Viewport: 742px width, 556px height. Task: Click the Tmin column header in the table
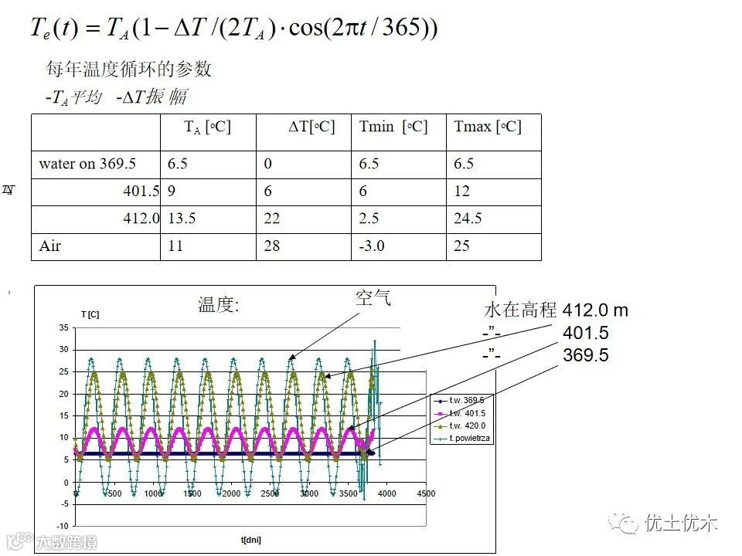(393, 127)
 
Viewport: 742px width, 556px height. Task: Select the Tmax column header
(487, 127)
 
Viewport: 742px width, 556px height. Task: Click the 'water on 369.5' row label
(87, 164)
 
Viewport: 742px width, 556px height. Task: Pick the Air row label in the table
(50, 246)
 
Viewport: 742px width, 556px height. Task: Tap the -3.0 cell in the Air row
(372, 246)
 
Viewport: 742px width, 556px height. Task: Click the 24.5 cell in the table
(468, 219)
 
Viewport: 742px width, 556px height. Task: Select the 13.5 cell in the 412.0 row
(182, 219)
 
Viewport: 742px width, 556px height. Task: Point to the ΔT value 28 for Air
(272, 246)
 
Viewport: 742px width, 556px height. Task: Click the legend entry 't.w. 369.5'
(467, 400)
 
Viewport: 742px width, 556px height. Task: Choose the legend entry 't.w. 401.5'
(467, 412)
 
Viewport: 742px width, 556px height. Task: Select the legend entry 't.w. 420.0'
(467, 425)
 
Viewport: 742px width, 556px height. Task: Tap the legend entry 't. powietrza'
(469, 438)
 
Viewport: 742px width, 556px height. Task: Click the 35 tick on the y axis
(64, 328)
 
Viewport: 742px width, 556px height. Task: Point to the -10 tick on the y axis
(63, 526)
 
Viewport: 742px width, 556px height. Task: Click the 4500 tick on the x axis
(426, 493)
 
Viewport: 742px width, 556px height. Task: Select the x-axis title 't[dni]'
(251, 539)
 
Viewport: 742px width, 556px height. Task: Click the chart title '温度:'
(220, 306)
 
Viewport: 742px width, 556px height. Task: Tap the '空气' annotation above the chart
(373, 298)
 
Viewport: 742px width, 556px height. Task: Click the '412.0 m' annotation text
(595, 310)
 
